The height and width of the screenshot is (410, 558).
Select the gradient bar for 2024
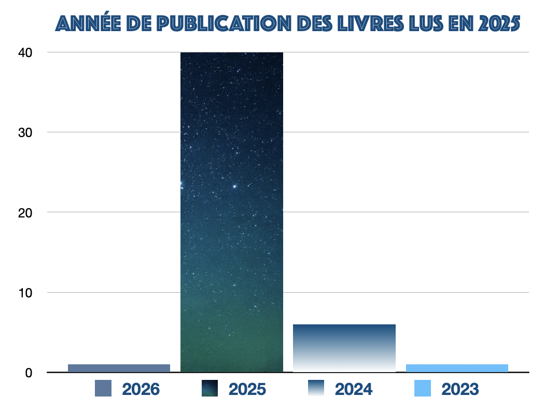tap(344, 348)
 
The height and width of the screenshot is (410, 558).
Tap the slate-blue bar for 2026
tap(119, 368)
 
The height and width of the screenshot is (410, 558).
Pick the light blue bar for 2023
tap(457, 368)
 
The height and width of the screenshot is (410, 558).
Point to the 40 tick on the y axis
tap(25, 52)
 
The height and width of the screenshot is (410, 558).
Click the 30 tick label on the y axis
tap(25, 132)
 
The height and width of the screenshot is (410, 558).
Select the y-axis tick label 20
tap(25, 212)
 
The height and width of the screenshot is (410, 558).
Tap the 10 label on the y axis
tap(25, 293)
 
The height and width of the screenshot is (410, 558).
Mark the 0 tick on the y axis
tap(29, 373)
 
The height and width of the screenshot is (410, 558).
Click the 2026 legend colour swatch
tap(103, 388)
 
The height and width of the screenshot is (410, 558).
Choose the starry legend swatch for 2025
tap(210, 388)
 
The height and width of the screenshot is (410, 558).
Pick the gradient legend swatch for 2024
tap(316, 388)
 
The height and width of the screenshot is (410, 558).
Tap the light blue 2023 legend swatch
tap(423, 388)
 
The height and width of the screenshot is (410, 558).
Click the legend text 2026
tap(141, 389)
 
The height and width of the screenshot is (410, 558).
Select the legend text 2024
tap(354, 389)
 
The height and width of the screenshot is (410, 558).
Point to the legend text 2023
tap(461, 389)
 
